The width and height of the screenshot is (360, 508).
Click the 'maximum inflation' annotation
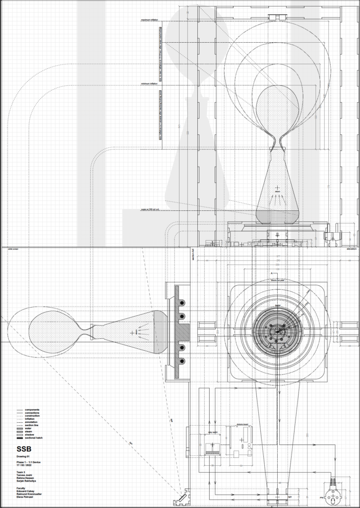152,20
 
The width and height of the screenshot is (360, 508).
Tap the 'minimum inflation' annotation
149,84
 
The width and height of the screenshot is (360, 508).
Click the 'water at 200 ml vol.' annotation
152,209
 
